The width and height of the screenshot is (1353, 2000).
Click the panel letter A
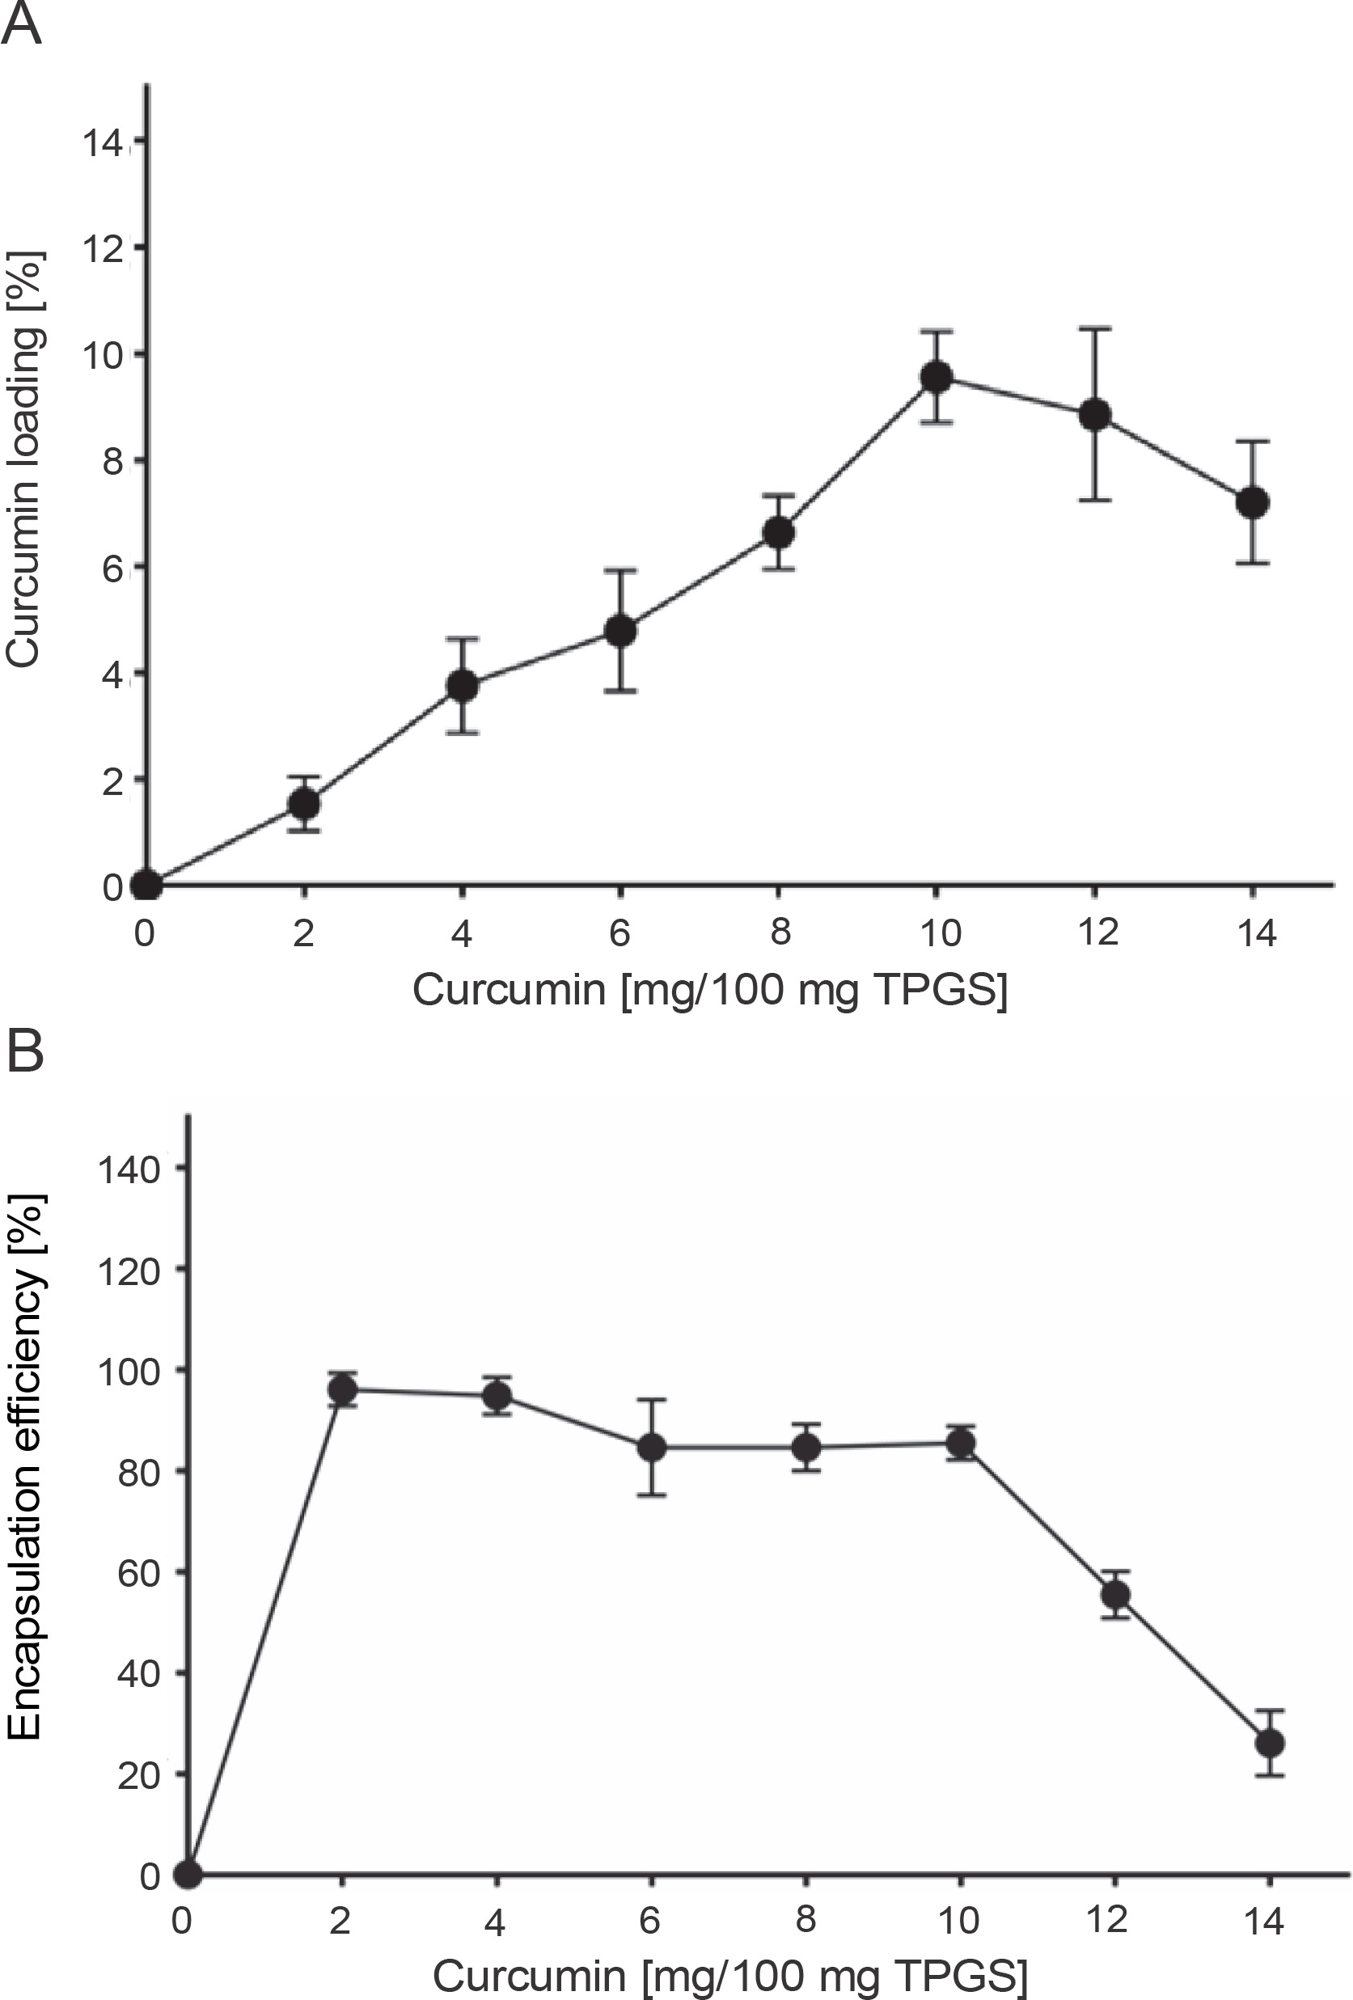coord(22,24)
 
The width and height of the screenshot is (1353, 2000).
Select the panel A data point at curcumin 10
coord(937,377)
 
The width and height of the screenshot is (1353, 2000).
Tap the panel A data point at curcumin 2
coord(305,804)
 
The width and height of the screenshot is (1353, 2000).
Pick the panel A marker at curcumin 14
coord(1252,501)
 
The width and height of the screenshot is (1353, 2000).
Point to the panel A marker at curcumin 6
coord(620,631)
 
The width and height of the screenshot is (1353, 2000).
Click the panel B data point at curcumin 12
coord(1115,1595)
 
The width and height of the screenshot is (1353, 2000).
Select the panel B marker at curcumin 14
coord(1271,1744)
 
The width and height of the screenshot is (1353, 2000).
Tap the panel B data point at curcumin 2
coord(344,1389)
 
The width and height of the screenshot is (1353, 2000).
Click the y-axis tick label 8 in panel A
coord(113,461)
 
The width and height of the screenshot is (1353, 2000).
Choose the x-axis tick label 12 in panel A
coord(1097,932)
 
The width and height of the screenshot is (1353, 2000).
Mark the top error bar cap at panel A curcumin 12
coord(1095,328)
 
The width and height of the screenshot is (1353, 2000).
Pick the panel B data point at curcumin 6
coord(652,1448)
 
